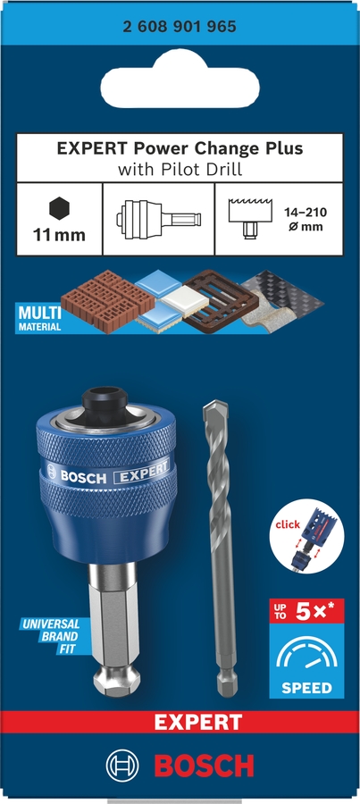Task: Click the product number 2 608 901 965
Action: (180, 28)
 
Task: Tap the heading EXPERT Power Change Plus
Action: (180, 148)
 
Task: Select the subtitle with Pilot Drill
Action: (180, 168)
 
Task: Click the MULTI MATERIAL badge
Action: (38, 319)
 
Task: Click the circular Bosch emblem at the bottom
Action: (123, 766)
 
